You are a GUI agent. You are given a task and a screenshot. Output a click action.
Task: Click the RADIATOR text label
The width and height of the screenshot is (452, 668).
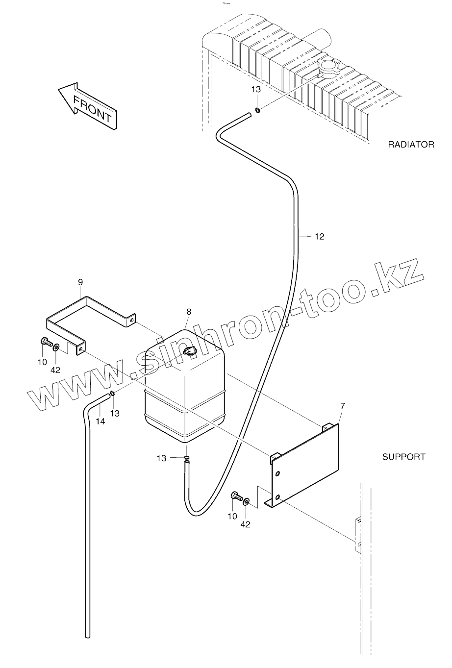pyautogui.click(x=411, y=145)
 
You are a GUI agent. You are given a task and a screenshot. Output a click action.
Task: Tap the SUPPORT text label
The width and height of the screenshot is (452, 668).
pyautogui.click(x=403, y=457)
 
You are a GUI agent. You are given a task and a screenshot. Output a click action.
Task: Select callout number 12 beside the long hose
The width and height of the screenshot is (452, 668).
pyautogui.click(x=319, y=237)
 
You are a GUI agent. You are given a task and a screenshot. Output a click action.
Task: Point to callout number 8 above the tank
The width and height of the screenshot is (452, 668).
pyautogui.click(x=189, y=312)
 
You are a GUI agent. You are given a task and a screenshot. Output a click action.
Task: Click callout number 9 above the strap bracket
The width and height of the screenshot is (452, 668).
pyautogui.click(x=80, y=282)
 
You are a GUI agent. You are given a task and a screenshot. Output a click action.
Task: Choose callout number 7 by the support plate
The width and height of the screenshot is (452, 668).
pyautogui.click(x=342, y=406)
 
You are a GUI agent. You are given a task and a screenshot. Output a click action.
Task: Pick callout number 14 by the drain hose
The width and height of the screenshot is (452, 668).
pyautogui.click(x=100, y=421)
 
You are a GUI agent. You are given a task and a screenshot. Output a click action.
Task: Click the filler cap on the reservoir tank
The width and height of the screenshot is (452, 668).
pyautogui.click(x=189, y=351)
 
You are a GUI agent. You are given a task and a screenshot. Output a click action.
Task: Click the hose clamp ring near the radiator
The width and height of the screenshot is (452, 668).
pyautogui.click(x=257, y=110)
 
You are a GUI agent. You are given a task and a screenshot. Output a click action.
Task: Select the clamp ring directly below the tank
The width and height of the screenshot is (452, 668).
pyautogui.click(x=187, y=458)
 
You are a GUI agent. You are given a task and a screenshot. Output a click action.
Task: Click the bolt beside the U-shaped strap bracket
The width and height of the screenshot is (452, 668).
pyautogui.click(x=45, y=342)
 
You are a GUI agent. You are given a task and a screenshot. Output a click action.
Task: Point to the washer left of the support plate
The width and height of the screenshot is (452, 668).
pyautogui.click(x=246, y=501)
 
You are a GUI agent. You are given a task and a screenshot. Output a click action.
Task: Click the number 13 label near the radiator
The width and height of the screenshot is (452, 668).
pyautogui.click(x=256, y=89)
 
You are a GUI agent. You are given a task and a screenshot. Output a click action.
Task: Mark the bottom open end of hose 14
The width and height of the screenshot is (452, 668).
pyautogui.click(x=88, y=636)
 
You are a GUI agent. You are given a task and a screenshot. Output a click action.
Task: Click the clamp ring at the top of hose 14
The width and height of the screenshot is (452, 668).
pyautogui.click(x=112, y=393)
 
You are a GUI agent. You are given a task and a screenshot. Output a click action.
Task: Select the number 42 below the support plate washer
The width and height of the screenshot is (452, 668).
pyautogui.click(x=245, y=524)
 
